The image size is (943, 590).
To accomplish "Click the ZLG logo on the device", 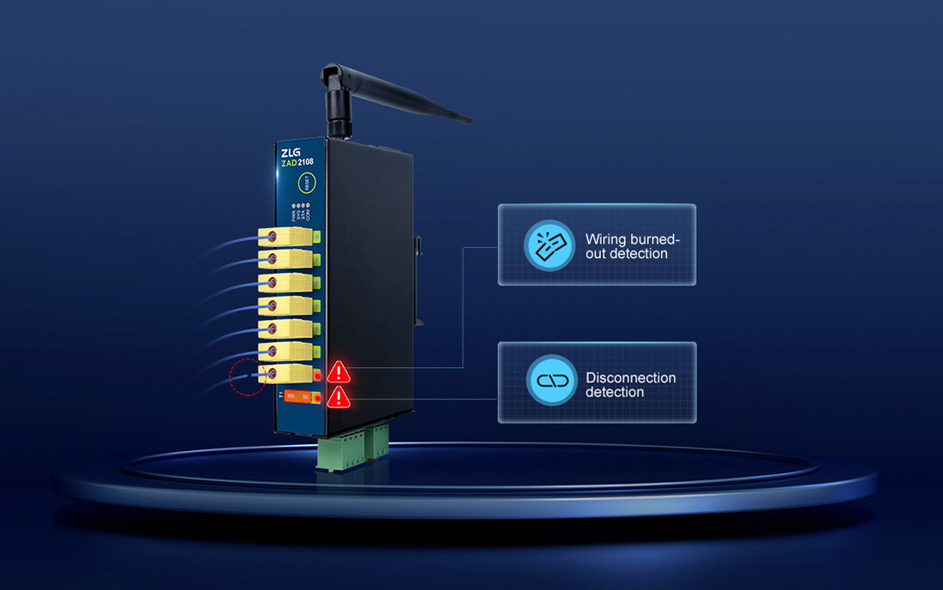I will coord(292,154).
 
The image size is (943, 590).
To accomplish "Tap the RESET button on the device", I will coord(306,181).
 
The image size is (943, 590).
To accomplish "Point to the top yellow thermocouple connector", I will coord(285,237).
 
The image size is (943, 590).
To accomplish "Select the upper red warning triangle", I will coord(339,371).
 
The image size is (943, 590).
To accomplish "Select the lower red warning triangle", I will coord(339,396).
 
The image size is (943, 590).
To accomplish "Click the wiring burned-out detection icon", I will coord(550,245).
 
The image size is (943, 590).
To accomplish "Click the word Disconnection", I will coord(630,377).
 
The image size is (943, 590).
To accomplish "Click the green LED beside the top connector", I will coord(317,237).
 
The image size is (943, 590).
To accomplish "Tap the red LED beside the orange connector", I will coord(317,399).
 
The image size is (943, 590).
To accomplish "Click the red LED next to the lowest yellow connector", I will coord(317,375).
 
